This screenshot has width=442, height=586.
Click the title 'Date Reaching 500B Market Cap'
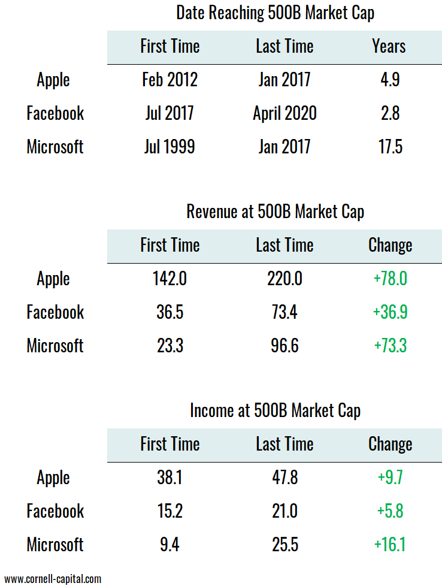coord(275,14)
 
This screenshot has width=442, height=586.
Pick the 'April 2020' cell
coord(284,114)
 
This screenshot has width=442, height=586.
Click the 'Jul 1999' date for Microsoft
coord(169,147)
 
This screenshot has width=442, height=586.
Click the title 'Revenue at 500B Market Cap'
coord(275,212)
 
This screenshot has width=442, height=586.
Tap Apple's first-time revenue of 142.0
coord(169,279)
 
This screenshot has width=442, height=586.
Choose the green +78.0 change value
coord(390,279)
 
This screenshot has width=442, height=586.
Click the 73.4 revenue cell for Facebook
coord(284,312)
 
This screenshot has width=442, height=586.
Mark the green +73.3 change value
coord(390,346)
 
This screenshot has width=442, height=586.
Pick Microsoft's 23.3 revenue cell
coord(169,346)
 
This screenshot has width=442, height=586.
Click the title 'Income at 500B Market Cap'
coord(275,411)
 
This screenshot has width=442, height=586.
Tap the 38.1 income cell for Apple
coord(169,478)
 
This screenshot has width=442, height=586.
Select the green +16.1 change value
coord(390,545)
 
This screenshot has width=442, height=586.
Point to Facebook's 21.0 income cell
coord(284,511)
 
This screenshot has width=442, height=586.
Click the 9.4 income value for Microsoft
coord(169,545)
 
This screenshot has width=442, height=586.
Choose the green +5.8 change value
coord(390,511)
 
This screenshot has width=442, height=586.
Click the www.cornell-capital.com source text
coord(53,579)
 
